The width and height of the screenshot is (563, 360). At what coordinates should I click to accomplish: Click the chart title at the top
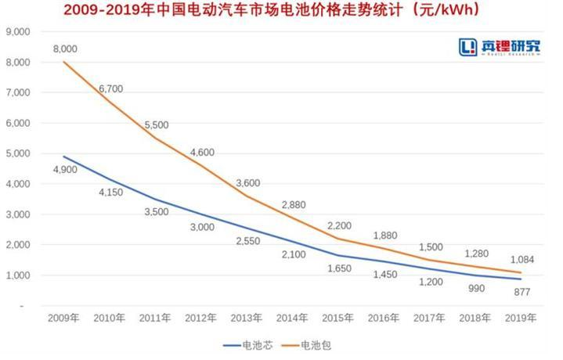[x=280, y=12]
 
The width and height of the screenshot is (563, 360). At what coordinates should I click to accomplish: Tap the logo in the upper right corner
[x=499, y=47]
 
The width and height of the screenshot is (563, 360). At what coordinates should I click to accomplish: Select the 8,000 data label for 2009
[x=65, y=49]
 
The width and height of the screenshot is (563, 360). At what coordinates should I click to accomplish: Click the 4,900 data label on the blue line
[x=65, y=169]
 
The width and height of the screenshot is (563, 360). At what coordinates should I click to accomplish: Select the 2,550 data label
[x=248, y=240]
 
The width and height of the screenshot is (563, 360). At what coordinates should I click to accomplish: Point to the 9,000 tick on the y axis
[x=16, y=31]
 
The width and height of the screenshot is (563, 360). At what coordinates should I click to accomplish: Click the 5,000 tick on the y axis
[x=16, y=153]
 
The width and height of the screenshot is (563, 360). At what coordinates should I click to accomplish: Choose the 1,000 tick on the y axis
[x=16, y=275]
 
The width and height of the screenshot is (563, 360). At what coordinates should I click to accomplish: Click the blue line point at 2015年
[x=338, y=255]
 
